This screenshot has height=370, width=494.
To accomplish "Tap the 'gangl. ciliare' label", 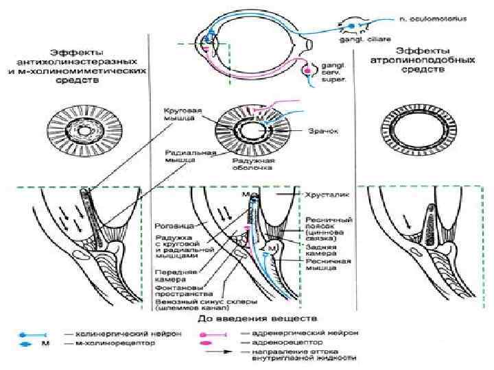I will point(357,39).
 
